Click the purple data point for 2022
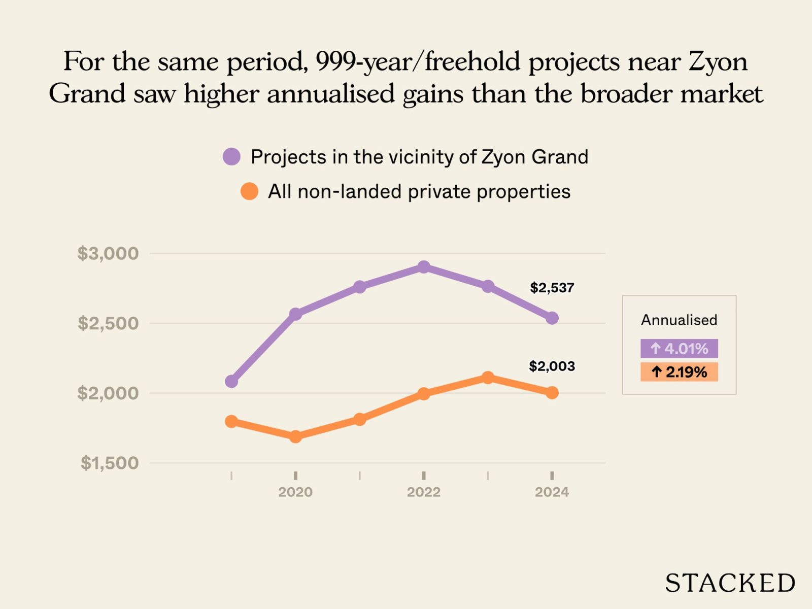424,267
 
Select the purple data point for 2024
552,318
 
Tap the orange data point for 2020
295,436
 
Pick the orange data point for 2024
552,393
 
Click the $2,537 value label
552,288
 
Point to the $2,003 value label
552,366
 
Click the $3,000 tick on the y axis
108,253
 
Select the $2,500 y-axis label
108,323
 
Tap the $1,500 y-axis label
109,463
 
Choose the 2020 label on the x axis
295,492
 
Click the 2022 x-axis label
424,492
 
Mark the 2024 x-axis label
552,492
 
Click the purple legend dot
231,157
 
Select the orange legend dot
249,191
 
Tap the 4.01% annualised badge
679,349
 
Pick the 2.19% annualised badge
679,372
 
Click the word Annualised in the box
679,320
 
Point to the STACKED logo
730,583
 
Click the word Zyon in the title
718,62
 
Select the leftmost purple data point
231,381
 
